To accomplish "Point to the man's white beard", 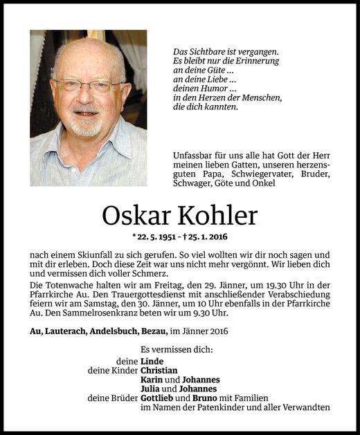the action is pyautogui.click(x=87, y=124).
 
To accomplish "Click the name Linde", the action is pyautogui.click(x=152, y=362).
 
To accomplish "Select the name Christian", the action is pyautogui.click(x=159, y=371).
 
